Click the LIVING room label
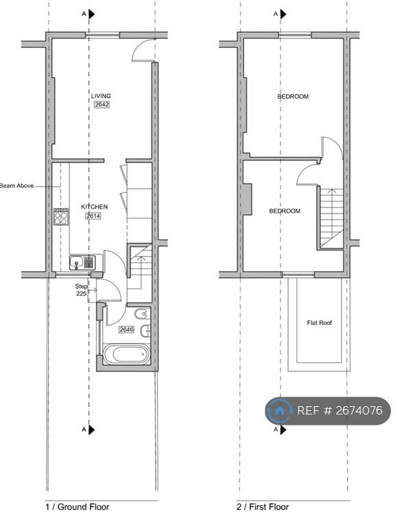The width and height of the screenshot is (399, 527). [x=101, y=96]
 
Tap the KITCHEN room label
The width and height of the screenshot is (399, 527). [x=95, y=207]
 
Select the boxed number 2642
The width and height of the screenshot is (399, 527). [x=101, y=104]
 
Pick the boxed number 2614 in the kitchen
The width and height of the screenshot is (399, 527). [x=93, y=215]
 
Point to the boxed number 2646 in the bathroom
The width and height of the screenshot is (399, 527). [x=127, y=329]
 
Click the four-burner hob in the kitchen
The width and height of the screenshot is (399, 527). [x=61, y=216]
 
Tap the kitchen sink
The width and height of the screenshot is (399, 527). [x=82, y=263]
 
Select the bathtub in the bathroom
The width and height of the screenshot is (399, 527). [x=125, y=354]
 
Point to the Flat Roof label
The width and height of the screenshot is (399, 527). [x=319, y=323]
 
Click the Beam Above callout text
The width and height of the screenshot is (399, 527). [x=16, y=185]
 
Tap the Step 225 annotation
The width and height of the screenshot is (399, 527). [x=82, y=290]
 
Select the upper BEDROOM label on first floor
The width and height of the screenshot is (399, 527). [x=293, y=97]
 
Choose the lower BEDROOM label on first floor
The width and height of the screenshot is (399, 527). [x=285, y=211]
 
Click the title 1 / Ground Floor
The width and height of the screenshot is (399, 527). [x=77, y=506]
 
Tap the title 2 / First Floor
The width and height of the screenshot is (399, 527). [x=263, y=506]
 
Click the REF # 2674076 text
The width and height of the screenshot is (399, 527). [x=340, y=410]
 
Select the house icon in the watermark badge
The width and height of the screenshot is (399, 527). [x=279, y=410]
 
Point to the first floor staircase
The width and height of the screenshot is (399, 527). [x=332, y=218]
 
